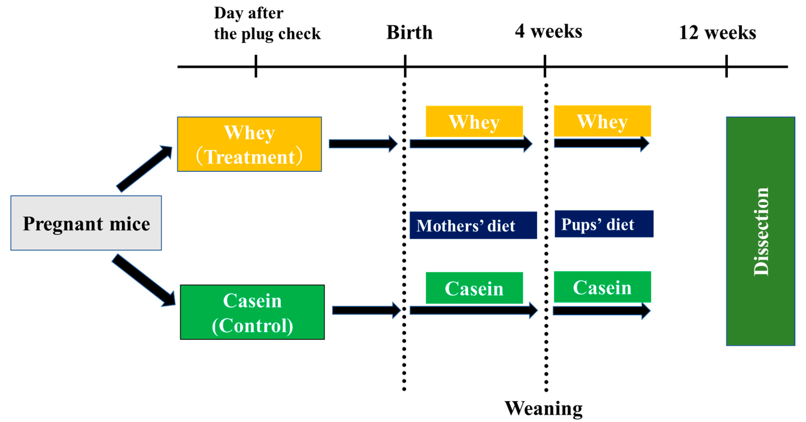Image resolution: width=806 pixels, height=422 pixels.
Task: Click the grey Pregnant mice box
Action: pyautogui.click(x=86, y=223)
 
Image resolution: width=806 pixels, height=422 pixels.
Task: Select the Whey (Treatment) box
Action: pyautogui.click(x=249, y=144)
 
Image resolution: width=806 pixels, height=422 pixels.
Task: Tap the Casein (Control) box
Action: pyautogui.click(x=252, y=312)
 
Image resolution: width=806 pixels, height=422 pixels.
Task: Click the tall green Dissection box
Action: pyautogui.click(x=760, y=231)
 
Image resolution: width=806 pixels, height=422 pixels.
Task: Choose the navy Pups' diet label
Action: pyautogui.click(x=604, y=224)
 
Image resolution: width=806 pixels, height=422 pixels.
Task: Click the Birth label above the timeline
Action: pyautogui.click(x=409, y=32)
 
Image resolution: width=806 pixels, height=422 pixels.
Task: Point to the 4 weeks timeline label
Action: pyautogui.click(x=548, y=31)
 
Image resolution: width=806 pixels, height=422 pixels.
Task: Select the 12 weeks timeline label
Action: pyautogui.click(x=717, y=33)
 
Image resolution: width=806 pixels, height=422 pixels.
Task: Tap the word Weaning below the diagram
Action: pyautogui.click(x=543, y=408)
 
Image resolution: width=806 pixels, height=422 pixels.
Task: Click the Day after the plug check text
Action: pyautogui.click(x=267, y=23)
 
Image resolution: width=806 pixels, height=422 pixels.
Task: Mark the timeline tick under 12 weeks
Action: pyautogui.click(x=727, y=66)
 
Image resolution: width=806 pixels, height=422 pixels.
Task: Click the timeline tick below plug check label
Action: pyautogui.click(x=256, y=66)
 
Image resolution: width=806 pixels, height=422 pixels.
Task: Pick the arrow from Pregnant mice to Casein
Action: pyautogui.click(x=144, y=280)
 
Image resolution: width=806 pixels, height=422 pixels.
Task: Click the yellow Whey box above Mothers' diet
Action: pyautogui.click(x=474, y=121)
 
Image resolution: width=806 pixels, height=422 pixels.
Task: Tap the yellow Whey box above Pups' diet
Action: pyautogui.click(x=602, y=121)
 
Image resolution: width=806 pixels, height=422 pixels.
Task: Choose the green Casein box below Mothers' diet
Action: pyautogui.click(x=474, y=288)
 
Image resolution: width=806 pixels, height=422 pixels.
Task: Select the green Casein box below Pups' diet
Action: pyautogui.click(x=602, y=287)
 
